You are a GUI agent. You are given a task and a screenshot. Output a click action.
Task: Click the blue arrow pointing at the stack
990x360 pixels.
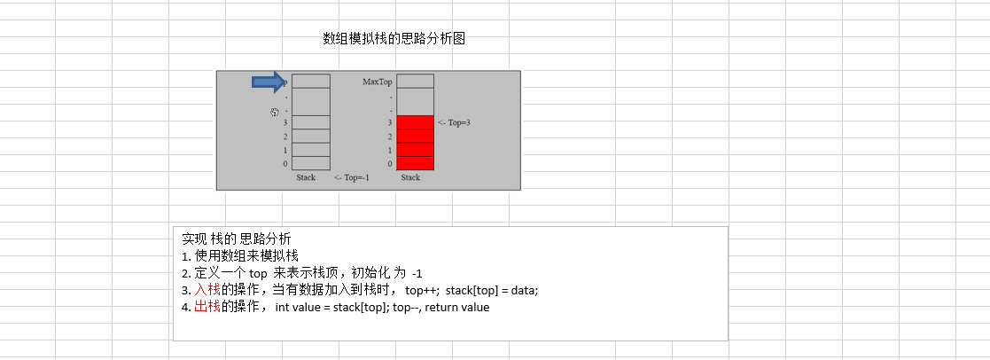pos(268,82)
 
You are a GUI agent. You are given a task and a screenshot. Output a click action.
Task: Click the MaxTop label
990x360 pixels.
pos(377,82)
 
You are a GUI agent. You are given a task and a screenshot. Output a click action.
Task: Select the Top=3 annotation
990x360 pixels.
pos(454,122)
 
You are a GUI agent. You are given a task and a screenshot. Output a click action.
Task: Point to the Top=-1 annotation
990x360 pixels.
pos(352,177)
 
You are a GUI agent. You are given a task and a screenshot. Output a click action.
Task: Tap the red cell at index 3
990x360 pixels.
pos(415,122)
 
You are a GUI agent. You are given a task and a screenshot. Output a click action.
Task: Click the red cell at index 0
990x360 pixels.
pos(415,163)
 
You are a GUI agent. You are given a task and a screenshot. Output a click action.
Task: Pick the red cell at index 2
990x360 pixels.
pos(415,136)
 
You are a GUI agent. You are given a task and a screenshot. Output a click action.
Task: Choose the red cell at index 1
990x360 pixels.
pos(415,150)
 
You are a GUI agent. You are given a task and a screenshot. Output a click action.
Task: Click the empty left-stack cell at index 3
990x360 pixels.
pos(311,122)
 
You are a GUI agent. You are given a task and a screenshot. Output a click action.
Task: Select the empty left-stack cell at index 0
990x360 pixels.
pos(311,163)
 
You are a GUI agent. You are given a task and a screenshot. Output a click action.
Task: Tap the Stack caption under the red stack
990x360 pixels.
pos(410,177)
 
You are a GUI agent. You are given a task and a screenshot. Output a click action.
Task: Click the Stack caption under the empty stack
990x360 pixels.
pos(306,177)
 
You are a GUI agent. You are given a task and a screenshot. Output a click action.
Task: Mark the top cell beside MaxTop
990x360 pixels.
pos(415,81)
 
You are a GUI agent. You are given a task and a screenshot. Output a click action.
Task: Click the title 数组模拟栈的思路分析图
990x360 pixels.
pos(394,38)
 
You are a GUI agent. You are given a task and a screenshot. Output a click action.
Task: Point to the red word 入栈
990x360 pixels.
pos(207,290)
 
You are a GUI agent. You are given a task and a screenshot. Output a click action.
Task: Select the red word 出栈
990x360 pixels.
pos(207,307)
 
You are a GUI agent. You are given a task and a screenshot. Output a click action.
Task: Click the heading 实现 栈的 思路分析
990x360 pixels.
pos(236,239)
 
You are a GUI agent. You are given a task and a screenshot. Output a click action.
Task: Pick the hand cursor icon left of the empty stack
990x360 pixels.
pos(275,112)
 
